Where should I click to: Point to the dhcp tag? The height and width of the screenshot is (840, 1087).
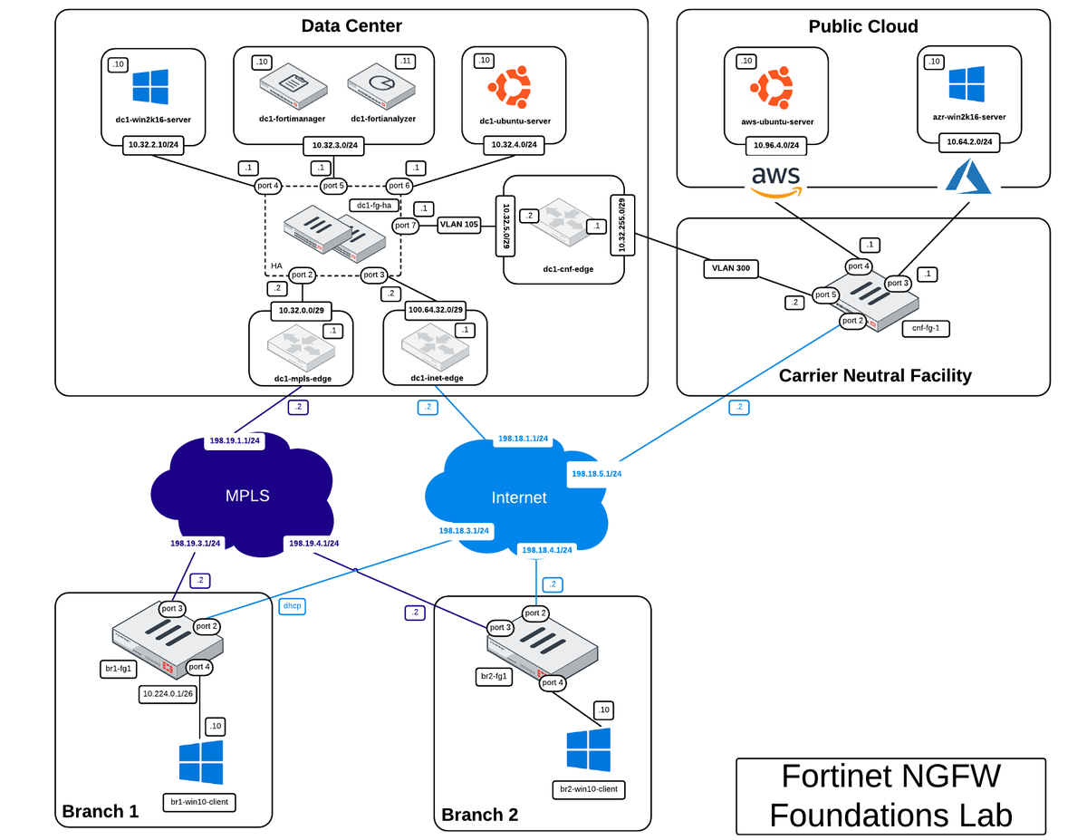click(x=292, y=605)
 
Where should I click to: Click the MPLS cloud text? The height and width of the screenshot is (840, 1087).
click(x=247, y=496)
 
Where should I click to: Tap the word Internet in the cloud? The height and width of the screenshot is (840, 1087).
click(x=518, y=497)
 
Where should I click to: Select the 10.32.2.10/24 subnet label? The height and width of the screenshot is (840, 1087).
click(x=155, y=143)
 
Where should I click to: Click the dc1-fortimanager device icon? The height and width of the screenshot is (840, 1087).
click(x=291, y=90)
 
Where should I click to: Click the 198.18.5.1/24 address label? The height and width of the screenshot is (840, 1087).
click(x=596, y=473)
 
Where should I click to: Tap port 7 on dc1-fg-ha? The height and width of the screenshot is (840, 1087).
click(x=405, y=225)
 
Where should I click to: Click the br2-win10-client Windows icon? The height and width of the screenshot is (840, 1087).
click(x=589, y=749)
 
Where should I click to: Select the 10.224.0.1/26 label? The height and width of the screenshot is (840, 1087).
click(x=168, y=694)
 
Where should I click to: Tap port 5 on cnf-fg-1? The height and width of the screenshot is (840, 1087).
click(x=825, y=294)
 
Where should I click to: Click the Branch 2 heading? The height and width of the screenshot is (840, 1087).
click(x=479, y=814)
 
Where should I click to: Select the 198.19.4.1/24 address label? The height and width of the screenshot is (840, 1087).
click(x=313, y=544)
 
